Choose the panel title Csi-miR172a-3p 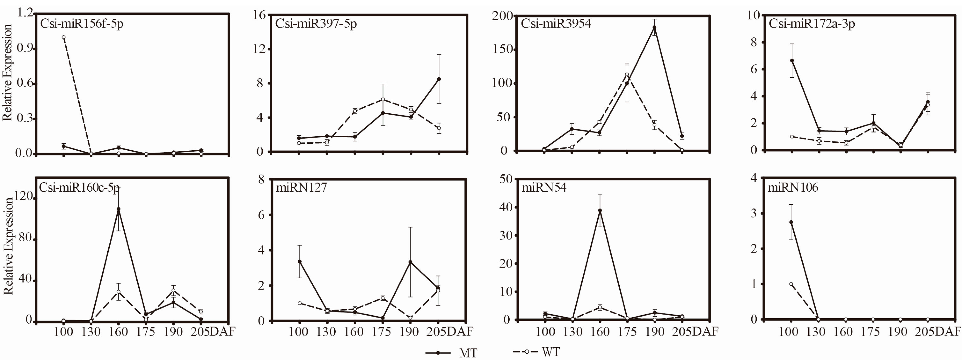coord(811,23)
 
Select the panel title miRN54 coord(544,187)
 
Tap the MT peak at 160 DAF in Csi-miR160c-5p coord(118,209)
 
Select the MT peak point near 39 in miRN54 coord(600,211)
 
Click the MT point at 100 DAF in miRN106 coord(791,222)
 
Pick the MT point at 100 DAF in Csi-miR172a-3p coord(792,60)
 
